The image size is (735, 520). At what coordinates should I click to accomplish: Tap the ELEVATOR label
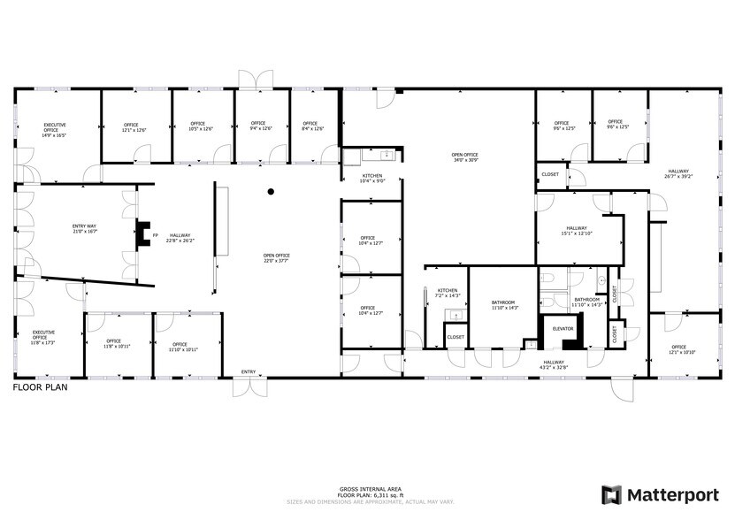(563, 328)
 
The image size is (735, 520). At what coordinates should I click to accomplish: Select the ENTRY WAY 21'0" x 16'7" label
(84, 229)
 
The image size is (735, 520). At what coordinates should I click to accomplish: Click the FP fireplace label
(155, 235)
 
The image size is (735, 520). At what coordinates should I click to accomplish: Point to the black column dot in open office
(272, 191)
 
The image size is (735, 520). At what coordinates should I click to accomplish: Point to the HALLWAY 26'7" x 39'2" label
(678, 173)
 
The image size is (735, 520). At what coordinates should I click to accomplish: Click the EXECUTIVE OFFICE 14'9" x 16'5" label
(55, 131)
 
